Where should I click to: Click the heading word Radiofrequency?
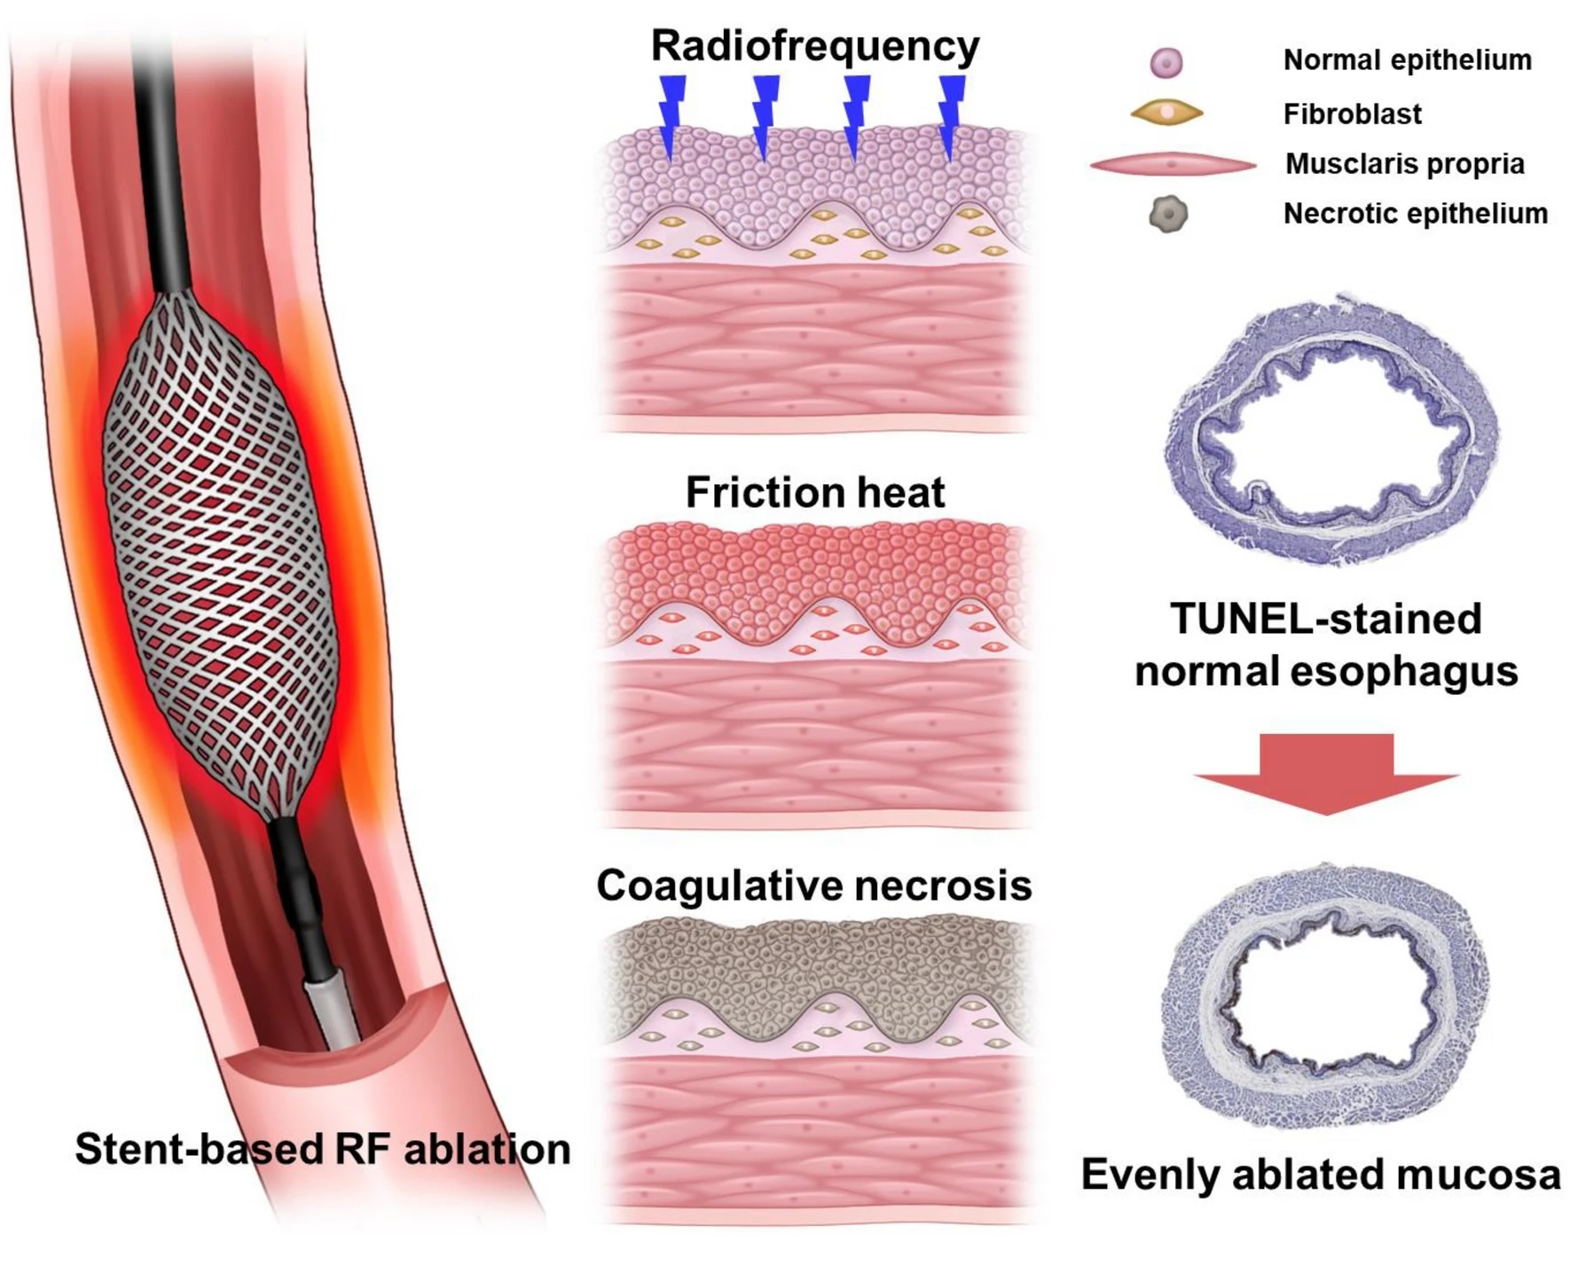point(814,45)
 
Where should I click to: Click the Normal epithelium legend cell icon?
point(1166,63)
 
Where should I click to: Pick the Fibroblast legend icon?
point(1166,113)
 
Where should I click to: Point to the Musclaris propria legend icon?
point(1173,165)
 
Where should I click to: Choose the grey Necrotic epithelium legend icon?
point(1168,214)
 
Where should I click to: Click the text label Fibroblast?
point(1352,113)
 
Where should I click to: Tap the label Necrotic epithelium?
point(1415,214)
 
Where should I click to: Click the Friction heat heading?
point(814,492)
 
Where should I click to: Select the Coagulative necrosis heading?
point(813,885)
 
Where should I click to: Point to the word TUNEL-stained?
point(1325,619)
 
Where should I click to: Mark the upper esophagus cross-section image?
point(1331,430)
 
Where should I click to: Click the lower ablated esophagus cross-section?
point(1326,997)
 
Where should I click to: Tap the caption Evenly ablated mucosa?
point(1320,1175)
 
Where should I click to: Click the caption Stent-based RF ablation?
point(322,1149)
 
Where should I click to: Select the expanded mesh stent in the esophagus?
point(220,554)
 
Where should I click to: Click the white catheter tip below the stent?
point(333,1011)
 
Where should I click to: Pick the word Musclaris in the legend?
point(1352,164)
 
